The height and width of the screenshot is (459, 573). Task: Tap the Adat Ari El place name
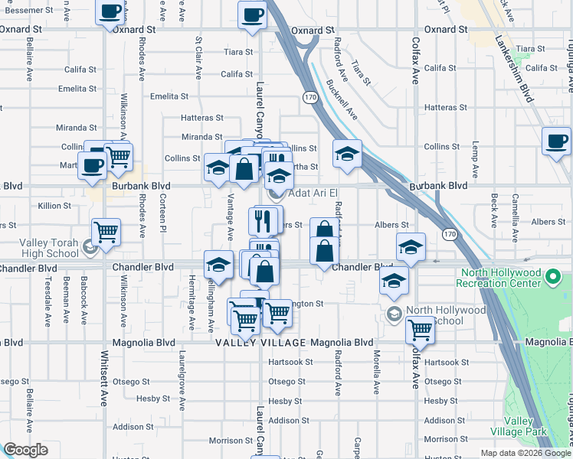pyautogui.click(x=313, y=193)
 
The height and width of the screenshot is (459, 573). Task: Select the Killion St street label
pyautogui.click(x=54, y=206)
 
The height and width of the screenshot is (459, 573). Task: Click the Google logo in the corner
pyautogui.click(x=25, y=450)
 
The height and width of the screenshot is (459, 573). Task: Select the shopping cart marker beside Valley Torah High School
pyautogui.click(x=106, y=232)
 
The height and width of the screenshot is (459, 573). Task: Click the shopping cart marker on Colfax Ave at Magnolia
pyautogui.click(x=420, y=330)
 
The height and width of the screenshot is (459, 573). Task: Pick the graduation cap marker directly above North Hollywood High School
pyautogui.click(x=395, y=281)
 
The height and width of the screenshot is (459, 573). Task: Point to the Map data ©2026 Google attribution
pyautogui.click(x=526, y=453)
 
